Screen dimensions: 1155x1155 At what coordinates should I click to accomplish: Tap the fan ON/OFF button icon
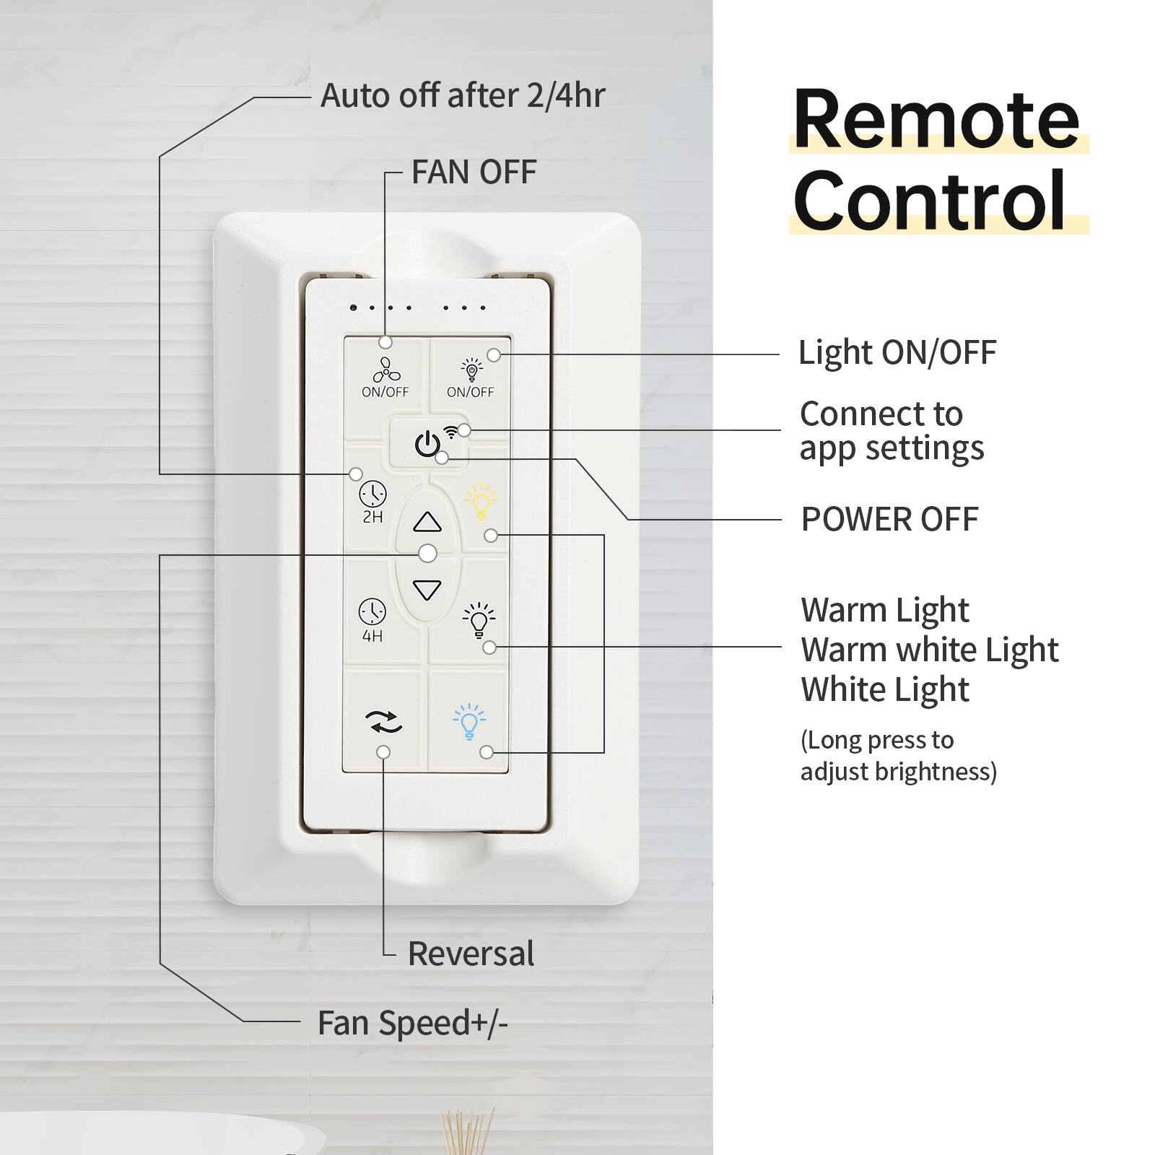[385, 370]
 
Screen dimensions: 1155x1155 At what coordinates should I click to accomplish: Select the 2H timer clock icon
[372, 494]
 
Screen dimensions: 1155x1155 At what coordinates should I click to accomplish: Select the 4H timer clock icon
[372, 612]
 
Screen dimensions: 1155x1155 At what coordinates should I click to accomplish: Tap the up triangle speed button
[427, 521]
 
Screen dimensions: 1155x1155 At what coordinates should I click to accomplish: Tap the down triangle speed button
[427, 590]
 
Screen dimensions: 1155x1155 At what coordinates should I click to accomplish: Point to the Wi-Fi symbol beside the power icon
[451, 432]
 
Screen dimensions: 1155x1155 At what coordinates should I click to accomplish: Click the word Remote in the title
[936, 119]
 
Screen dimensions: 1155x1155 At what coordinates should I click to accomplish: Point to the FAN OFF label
[474, 173]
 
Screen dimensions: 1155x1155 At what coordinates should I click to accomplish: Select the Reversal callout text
[471, 954]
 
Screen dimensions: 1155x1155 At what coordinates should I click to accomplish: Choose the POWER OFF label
[889, 519]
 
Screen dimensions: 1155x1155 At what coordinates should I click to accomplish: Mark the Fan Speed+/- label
[413, 1023]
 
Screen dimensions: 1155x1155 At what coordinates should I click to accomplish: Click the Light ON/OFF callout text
[897, 353]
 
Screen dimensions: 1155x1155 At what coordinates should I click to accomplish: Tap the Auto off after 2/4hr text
[462, 95]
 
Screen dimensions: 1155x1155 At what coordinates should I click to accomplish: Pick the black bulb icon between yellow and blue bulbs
[479, 619]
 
